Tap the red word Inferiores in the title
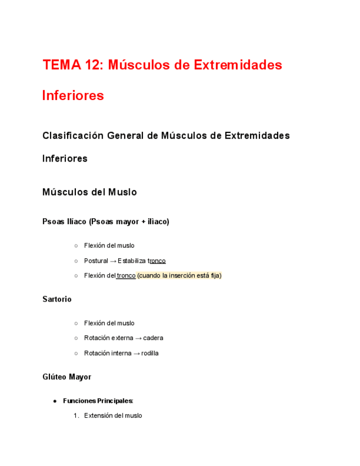point(73,96)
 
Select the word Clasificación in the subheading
point(73,135)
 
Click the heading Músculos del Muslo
point(90,192)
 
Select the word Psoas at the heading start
point(53,221)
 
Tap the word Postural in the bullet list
point(96,260)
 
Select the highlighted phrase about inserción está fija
point(179,275)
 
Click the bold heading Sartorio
point(57,299)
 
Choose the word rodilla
point(150,353)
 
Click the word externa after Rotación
point(122,338)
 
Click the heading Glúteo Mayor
point(67,377)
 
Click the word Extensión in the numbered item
point(98,415)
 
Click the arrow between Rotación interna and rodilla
point(136,353)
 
